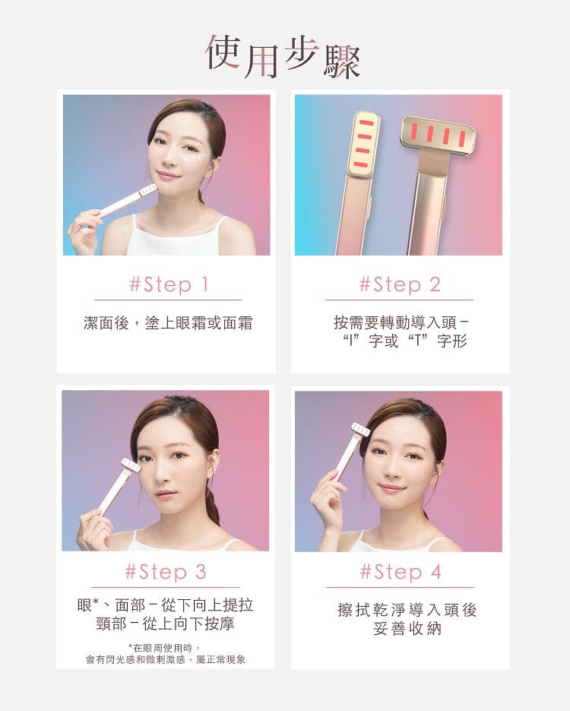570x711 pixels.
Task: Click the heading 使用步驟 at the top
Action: click(283, 57)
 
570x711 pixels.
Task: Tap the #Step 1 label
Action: click(169, 284)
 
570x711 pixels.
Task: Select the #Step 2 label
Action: click(400, 284)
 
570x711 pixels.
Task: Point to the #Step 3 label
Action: click(166, 572)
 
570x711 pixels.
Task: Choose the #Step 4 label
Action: click(401, 572)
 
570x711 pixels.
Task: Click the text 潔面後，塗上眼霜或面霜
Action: click(168, 323)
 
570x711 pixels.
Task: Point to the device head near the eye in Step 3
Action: click(131, 466)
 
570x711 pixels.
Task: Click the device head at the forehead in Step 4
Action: click(361, 430)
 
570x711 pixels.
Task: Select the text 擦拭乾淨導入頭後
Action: click(407, 610)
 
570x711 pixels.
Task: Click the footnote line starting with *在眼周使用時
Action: click(165, 648)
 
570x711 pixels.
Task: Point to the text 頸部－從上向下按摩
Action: click(166, 624)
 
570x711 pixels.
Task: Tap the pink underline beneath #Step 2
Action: click(399, 300)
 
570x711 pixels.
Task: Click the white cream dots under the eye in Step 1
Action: click(191, 157)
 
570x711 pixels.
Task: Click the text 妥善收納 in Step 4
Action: click(407, 629)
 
